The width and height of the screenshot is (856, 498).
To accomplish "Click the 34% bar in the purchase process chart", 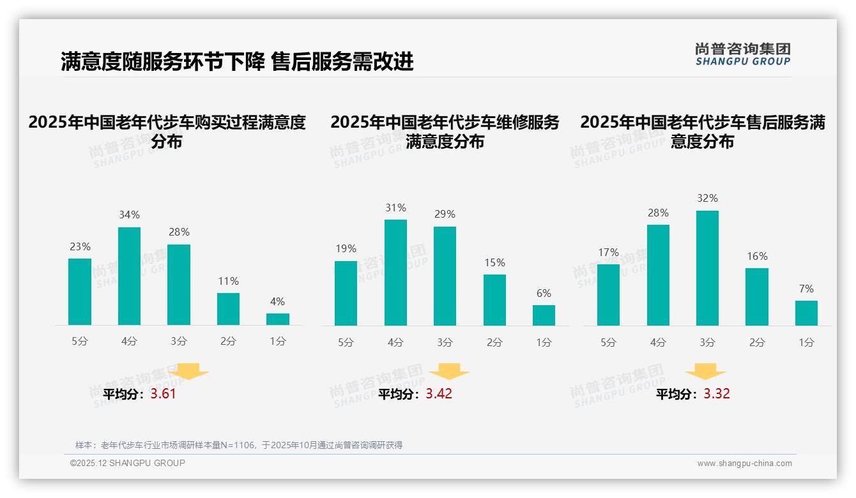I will point(129,276).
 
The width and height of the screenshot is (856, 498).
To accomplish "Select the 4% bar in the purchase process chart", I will point(278,319).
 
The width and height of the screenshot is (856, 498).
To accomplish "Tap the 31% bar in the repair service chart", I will point(395,273).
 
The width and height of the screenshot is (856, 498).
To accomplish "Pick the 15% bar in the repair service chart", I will point(494,300).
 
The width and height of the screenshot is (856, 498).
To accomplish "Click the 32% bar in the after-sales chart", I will point(707,268).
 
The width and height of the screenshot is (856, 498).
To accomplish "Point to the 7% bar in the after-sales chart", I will point(806,313).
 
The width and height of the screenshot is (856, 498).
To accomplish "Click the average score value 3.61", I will point(163,394).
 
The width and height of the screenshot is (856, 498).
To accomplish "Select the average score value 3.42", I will point(439,394).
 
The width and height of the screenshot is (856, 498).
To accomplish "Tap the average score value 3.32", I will point(717,394).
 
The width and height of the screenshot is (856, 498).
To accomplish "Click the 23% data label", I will point(80,246).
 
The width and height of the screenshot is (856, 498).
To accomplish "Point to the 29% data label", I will point(445,215).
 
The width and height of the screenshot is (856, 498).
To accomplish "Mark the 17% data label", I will point(608,252).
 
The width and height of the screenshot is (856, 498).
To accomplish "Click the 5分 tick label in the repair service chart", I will point(346,343).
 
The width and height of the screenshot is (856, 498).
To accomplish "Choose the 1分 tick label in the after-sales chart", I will point(806,343).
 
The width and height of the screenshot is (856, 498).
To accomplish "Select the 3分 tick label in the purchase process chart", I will point(179,342).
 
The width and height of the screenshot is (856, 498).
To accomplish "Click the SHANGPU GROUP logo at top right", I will point(742,54).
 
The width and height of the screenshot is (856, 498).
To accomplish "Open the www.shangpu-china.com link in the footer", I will point(744,464).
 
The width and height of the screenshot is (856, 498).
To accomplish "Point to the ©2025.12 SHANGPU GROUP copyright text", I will point(127,463).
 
